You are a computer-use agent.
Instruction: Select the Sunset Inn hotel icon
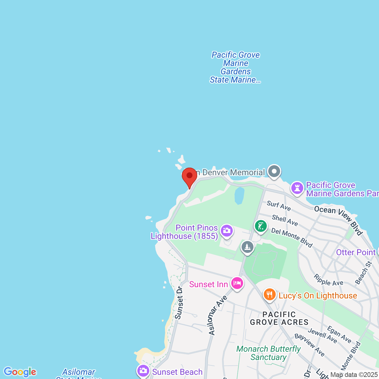click(x=237, y=283)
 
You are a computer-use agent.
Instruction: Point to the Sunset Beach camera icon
click(x=143, y=371)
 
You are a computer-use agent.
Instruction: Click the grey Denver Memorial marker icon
click(x=274, y=171)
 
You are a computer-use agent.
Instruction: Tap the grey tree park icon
click(x=247, y=247)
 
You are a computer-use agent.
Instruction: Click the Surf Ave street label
click(x=279, y=205)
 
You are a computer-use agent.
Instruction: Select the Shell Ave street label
click(x=285, y=220)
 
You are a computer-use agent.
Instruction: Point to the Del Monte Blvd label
click(x=292, y=238)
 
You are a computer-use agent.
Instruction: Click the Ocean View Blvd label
click(x=338, y=220)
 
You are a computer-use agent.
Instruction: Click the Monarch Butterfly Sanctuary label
click(x=269, y=353)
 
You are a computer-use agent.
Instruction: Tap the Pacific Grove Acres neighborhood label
click(x=279, y=318)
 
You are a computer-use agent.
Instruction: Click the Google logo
click(x=20, y=372)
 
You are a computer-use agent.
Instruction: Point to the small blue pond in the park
click(x=239, y=195)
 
